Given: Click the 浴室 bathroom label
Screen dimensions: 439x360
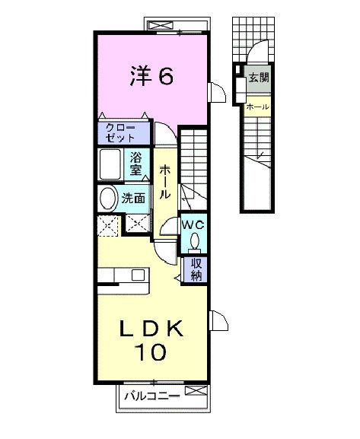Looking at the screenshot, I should (135, 164).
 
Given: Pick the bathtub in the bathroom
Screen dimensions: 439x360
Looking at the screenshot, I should (112, 164).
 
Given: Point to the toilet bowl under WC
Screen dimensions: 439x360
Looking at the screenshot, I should (194, 242).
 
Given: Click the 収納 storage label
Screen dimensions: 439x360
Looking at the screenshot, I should (196, 269).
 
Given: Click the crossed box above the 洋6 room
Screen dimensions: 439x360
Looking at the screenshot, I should (161, 26).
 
